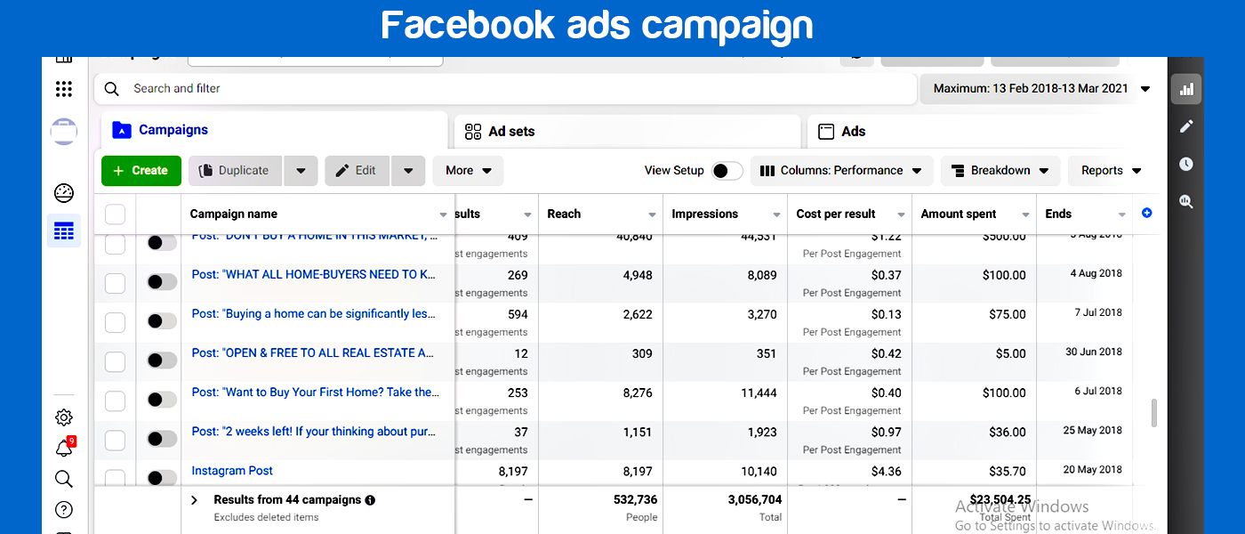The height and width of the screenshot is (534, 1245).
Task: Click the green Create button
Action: click(x=141, y=171)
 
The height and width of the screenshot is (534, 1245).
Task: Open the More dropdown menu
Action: click(x=468, y=171)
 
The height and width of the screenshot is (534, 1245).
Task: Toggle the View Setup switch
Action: click(x=727, y=171)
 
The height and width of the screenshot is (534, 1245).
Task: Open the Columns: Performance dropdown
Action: click(x=841, y=171)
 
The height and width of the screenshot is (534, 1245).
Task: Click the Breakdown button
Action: click(x=1000, y=171)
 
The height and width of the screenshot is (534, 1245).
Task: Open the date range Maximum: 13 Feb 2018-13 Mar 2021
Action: click(x=1036, y=89)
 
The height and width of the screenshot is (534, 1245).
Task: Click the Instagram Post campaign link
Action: click(x=232, y=471)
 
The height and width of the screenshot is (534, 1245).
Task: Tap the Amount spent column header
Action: click(x=959, y=214)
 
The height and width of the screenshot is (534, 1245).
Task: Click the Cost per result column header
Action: click(x=836, y=214)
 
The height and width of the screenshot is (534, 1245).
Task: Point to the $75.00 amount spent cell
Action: click(x=1007, y=314)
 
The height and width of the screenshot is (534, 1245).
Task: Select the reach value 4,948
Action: click(x=638, y=275)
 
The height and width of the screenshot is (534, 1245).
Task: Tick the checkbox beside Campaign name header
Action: click(x=116, y=214)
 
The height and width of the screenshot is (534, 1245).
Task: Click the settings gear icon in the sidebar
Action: click(x=64, y=417)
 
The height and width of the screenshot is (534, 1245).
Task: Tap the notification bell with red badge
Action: click(x=64, y=449)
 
